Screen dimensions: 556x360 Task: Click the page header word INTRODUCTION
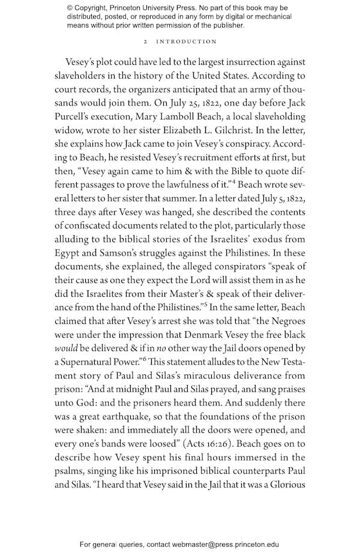tap(187, 41)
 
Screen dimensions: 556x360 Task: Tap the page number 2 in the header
tap(146, 41)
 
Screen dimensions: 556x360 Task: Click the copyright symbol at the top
tap(70, 8)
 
